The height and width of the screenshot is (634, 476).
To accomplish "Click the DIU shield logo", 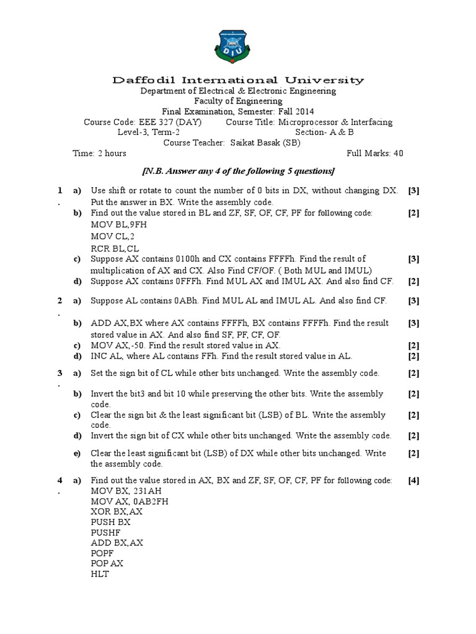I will pyautogui.click(x=237, y=47).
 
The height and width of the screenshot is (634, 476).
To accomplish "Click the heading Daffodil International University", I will pyautogui.click(x=238, y=80).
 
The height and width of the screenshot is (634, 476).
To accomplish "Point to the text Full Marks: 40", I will pyautogui.click(x=375, y=154).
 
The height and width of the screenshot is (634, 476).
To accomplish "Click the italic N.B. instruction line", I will pyautogui.click(x=238, y=170).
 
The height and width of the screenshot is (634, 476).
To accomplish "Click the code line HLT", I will pyautogui.click(x=100, y=574).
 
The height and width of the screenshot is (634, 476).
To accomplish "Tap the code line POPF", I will pyautogui.click(x=104, y=553).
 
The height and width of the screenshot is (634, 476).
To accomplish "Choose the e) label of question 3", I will pyautogui.click(x=77, y=454).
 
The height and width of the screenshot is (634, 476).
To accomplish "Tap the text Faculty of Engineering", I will pyautogui.click(x=238, y=101).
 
